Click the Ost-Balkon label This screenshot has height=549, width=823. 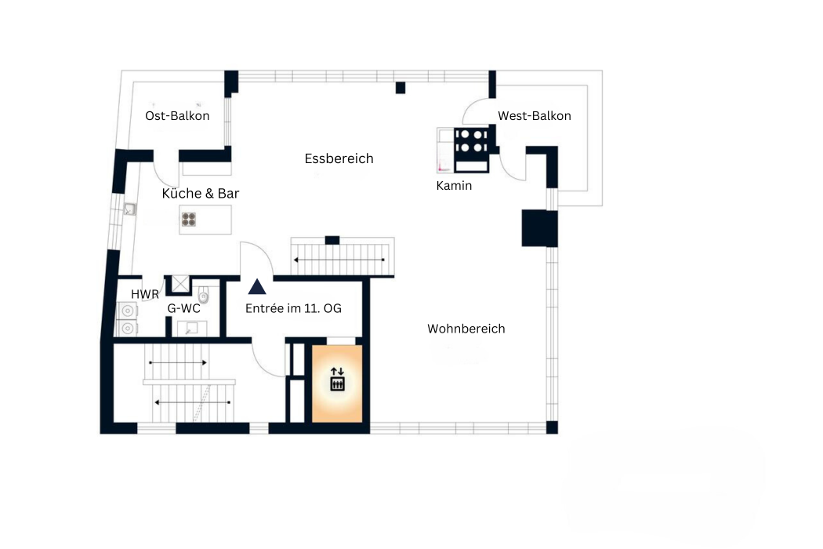point(177,116)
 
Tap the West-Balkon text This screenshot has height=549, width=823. point(534,116)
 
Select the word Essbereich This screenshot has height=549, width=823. point(339,158)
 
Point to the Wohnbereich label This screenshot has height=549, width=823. point(466,329)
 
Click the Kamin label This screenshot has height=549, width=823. point(454,186)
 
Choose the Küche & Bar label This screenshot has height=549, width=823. point(201,194)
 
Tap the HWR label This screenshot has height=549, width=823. point(144,294)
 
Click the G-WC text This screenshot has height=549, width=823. point(183,309)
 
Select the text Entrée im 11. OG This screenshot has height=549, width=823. point(293,309)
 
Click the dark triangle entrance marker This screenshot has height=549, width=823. point(256,287)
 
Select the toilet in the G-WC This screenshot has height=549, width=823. point(205,296)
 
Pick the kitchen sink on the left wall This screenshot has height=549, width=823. point(129,209)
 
